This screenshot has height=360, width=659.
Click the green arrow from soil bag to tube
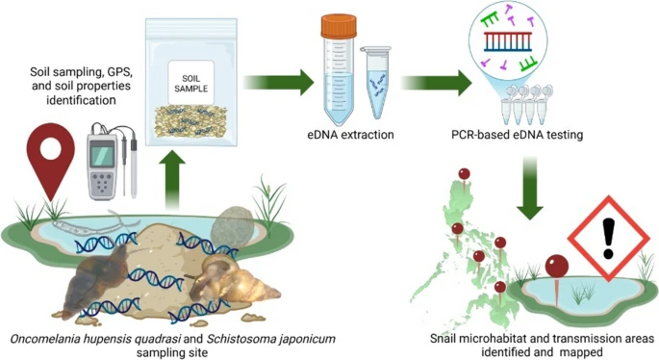click(280, 81)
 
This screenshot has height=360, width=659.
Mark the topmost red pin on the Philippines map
click(465, 173)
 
